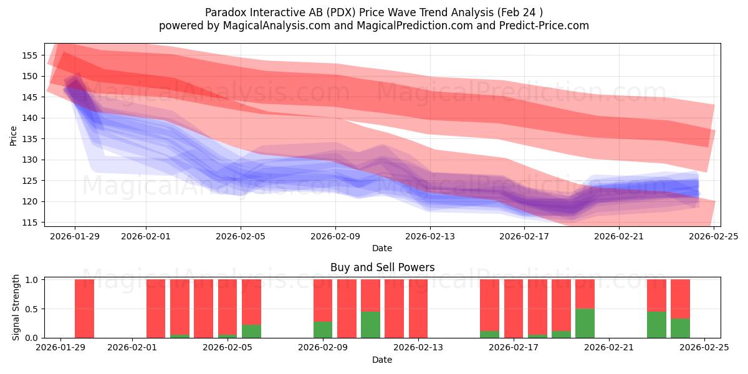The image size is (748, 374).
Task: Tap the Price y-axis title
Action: (14, 135)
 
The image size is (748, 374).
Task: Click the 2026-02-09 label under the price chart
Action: (335, 236)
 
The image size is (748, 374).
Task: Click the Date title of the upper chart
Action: (382, 248)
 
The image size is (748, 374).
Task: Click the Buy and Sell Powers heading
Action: (382, 267)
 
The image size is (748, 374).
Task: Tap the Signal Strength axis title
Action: (16, 308)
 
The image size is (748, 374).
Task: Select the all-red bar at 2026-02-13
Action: (418, 309)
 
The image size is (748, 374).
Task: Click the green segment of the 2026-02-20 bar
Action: (585, 323)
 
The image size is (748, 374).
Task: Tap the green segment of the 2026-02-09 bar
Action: (323, 330)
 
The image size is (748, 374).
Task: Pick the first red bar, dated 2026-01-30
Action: (84, 309)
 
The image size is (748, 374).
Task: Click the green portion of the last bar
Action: (680, 328)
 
